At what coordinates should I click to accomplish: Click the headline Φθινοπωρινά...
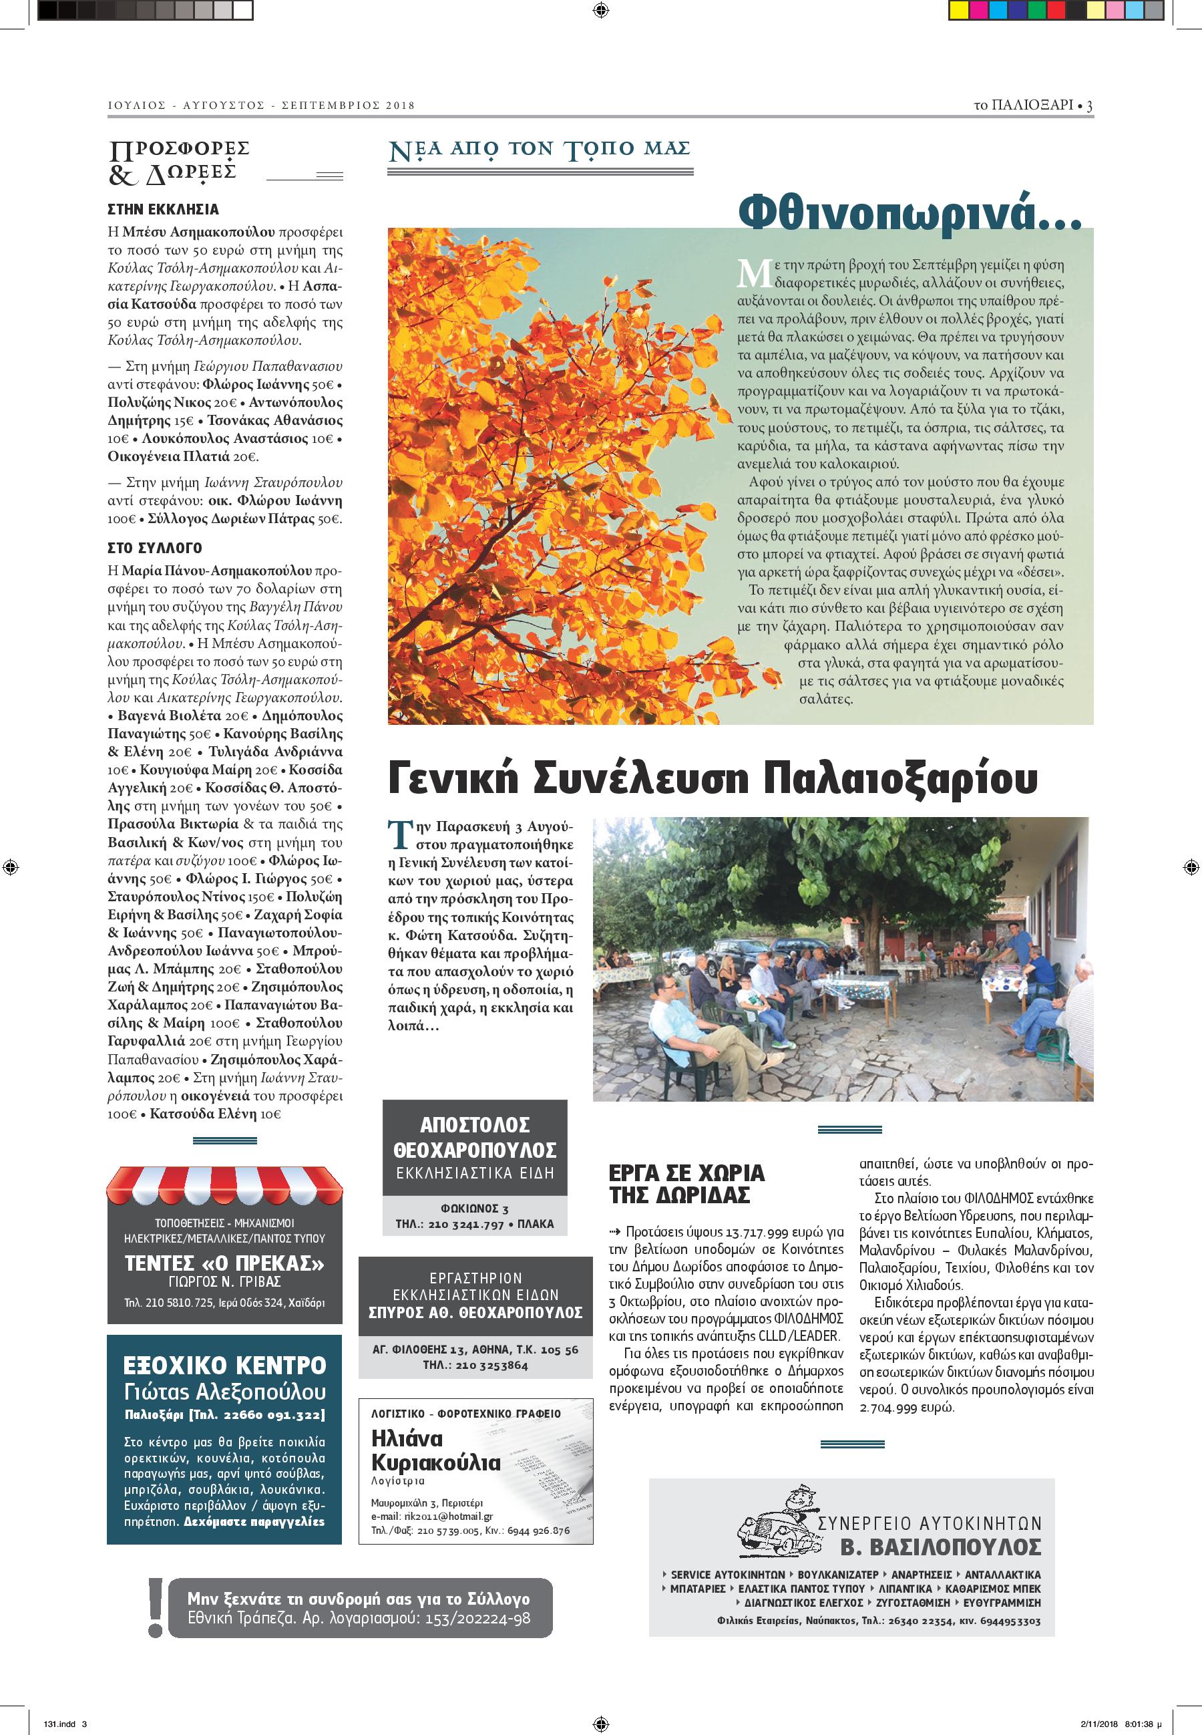tap(909, 212)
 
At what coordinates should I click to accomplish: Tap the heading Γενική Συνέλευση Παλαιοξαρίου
tap(712, 779)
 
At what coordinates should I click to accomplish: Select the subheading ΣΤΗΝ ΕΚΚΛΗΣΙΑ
tap(164, 209)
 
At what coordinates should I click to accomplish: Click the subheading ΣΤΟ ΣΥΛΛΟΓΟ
tap(155, 548)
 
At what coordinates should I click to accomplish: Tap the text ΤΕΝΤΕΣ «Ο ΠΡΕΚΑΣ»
tap(224, 1263)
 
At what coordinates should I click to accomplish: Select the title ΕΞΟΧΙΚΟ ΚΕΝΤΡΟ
tap(224, 1365)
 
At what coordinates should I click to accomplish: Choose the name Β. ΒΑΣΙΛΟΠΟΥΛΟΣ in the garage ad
tap(941, 1547)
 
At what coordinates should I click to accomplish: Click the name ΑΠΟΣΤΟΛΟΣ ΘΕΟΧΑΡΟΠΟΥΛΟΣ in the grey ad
tap(475, 1138)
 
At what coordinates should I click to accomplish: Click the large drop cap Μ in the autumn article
tap(754, 273)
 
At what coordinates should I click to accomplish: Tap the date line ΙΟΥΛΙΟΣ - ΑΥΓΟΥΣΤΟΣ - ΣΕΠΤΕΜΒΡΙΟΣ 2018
tap(261, 106)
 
